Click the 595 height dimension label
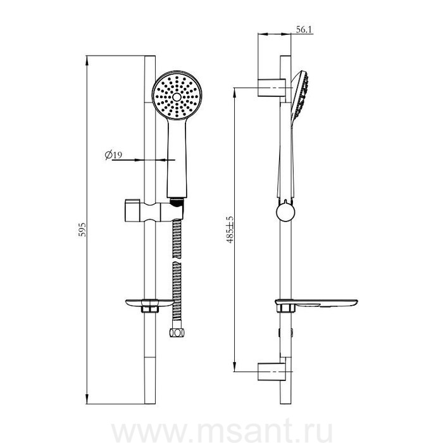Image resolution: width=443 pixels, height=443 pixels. coord(82,229)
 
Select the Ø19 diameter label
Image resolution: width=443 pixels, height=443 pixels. coord(113,154)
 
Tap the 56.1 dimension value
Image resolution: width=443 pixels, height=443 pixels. coord(304,29)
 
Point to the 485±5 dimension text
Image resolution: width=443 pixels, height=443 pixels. coord(230,229)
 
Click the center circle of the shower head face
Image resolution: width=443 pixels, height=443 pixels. coord(177,97)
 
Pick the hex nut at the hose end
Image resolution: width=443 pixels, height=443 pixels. coord(177,332)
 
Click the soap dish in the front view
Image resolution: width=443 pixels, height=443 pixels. coord(150,305)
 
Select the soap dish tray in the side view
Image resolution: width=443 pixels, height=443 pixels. coord(316,304)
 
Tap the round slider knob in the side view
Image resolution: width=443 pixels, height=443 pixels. coord(285,212)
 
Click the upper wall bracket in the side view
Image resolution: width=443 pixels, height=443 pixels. coord(271,87)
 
